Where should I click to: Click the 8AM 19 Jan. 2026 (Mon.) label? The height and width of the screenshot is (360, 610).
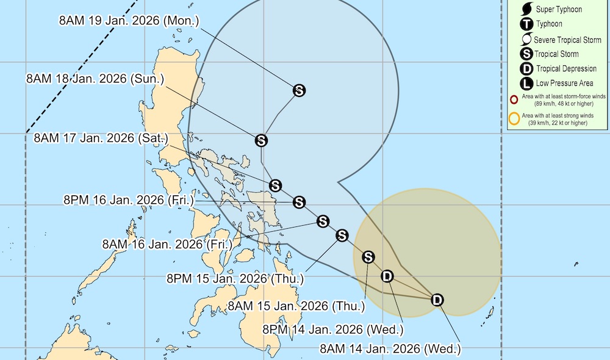pos(129,20)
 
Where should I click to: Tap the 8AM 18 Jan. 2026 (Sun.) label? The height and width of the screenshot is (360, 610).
pos(95,79)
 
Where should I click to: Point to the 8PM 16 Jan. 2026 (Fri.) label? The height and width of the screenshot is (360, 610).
pos(129,200)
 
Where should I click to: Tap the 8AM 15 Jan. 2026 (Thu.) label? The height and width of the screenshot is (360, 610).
pos(295,305)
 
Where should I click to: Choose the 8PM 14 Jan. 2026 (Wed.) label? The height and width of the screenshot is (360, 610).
pos(333,329)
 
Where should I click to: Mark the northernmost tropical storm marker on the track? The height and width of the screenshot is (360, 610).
pos(299,91)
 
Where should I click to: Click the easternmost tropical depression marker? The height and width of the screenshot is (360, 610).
pos(437,300)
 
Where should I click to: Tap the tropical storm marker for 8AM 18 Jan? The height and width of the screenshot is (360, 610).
pos(261,140)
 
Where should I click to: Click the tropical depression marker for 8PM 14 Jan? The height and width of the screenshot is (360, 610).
pos(387,276)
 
